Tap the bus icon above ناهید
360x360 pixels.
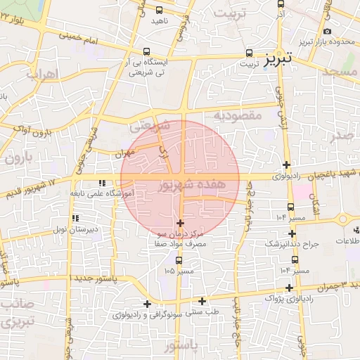coord(159,10)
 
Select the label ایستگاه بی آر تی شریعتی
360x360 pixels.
coord(146,67)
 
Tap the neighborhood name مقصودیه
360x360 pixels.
coord(237,115)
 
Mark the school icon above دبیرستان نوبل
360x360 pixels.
coord(75,219)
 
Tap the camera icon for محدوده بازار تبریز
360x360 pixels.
coord(327,31)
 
